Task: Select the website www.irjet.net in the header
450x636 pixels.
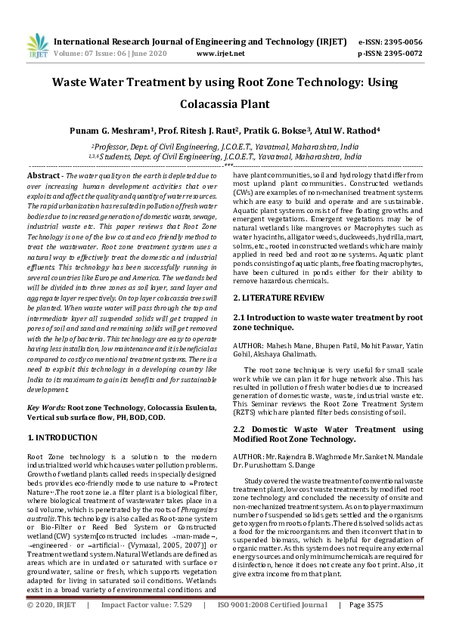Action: point(219,54)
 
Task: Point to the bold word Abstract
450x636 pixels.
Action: point(44,174)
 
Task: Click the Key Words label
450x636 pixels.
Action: point(46,407)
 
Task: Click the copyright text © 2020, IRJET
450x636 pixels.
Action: point(51,626)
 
